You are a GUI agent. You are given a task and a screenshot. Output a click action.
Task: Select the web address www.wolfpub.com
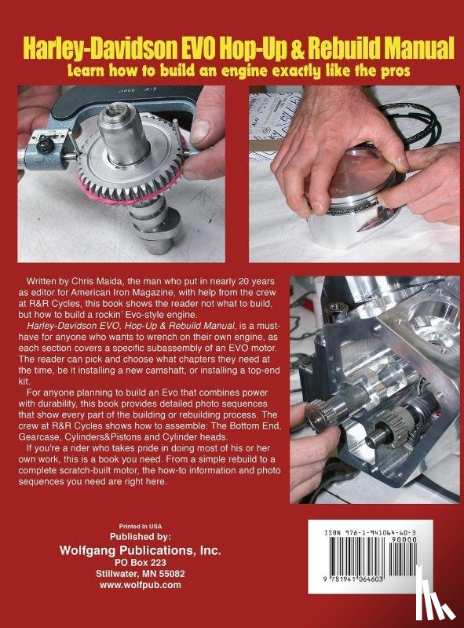pyautogui.click(x=141, y=585)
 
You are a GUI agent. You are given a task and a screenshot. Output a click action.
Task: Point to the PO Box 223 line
pyautogui.click(x=141, y=562)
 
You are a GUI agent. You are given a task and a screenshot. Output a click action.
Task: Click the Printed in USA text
pyautogui.click(x=141, y=526)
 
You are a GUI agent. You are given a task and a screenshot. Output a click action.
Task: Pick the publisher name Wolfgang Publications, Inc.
pyautogui.click(x=141, y=550)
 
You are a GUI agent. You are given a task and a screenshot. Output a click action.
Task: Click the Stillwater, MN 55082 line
pyautogui.click(x=141, y=574)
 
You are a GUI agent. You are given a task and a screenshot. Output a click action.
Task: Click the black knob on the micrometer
pyautogui.click(x=44, y=146)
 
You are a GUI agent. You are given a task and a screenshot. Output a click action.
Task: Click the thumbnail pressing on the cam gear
pyautogui.click(x=201, y=131)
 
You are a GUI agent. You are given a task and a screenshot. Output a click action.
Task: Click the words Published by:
pyautogui.click(x=141, y=537)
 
